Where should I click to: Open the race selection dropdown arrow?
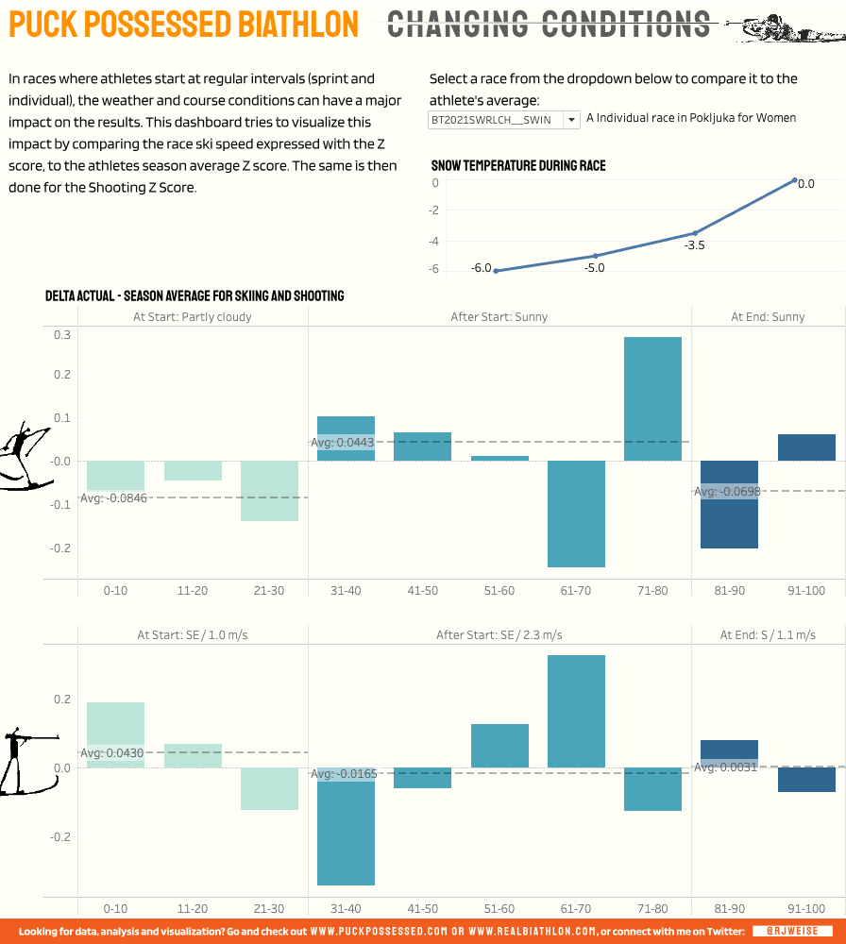571,119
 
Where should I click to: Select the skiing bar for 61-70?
576,514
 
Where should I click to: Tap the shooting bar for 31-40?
346,826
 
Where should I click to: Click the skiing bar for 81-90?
729,504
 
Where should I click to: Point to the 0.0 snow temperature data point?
795,180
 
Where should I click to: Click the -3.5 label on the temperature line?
695,245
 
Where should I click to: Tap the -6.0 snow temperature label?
482,268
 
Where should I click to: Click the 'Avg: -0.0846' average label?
114,497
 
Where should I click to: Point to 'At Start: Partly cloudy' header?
193,317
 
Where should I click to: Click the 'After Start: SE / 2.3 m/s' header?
499,635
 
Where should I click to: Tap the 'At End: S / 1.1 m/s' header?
768,635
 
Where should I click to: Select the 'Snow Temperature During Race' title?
518,166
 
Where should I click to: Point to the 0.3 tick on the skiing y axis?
61,335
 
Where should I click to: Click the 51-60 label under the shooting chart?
499,908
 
